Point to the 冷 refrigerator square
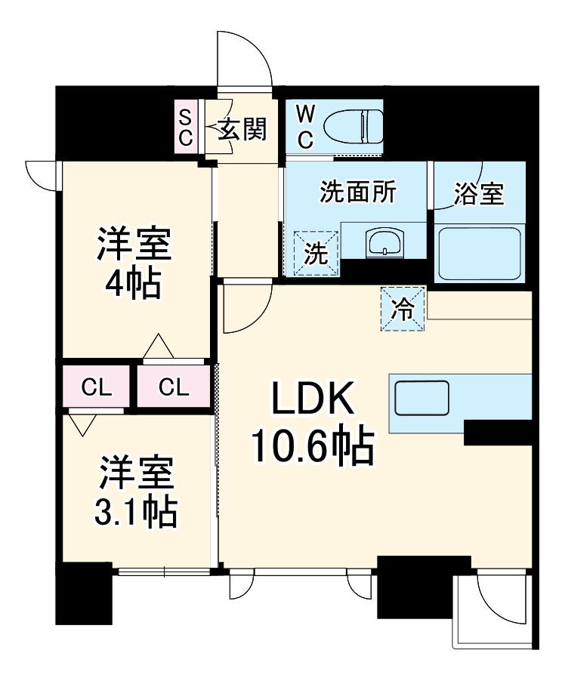[x=403, y=309]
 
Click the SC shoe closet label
[x=186, y=128]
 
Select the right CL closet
[x=174, y=388]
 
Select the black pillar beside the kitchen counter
[x=498, y=433]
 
